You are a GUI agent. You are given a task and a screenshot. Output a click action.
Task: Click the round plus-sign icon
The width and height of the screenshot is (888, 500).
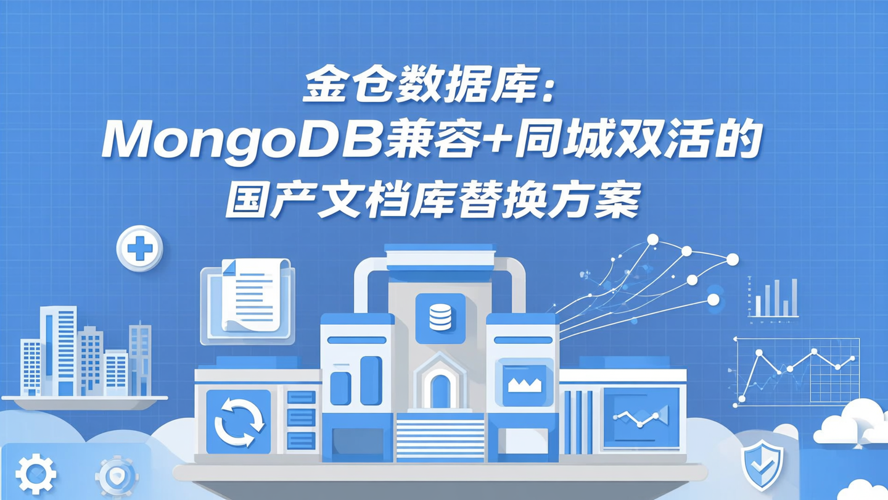pyautogui.click(x=140, y=249)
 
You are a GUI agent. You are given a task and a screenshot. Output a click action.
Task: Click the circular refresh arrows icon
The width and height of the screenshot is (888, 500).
pyautogui.click(x=239, y=422)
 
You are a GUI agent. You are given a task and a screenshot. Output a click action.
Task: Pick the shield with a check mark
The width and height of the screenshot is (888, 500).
pyautogui.click(x=763, y=464)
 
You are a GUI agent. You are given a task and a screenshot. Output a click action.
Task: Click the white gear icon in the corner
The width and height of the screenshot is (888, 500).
pyautogui.click(x=36, y=475)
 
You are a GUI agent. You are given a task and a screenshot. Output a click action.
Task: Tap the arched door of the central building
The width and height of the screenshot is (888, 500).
pyautogui.click(x=440, y=391)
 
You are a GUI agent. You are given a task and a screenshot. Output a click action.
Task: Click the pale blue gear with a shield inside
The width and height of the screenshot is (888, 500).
pyautogui.click(x=117, y=477)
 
